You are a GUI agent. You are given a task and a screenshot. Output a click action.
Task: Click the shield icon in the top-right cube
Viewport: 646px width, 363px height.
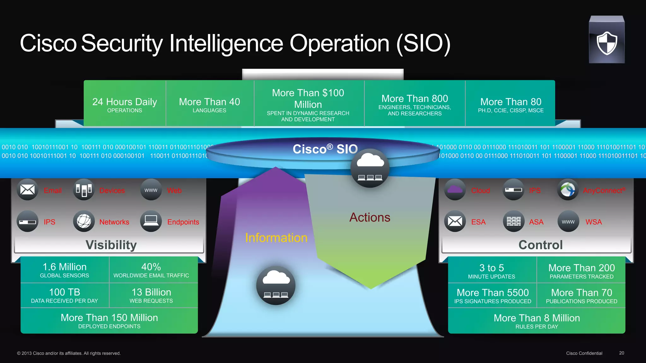click(x=607, y=43)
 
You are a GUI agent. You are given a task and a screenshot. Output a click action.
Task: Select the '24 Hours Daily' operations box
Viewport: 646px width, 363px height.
click(x=125, y=104)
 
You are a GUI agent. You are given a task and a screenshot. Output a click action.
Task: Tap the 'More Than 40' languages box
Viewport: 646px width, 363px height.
click(x=209, y=104)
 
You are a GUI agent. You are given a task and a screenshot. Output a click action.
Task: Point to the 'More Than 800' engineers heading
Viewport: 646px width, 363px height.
click(x=414, y=99)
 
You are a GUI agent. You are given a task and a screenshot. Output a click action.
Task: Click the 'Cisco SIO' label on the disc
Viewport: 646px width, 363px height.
click(x=325, y=149)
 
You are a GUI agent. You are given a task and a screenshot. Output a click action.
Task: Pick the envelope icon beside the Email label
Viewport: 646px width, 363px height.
click(x=27, y=190)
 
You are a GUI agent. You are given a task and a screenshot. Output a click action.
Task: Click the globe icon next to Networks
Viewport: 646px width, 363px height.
click(x=84, y=221)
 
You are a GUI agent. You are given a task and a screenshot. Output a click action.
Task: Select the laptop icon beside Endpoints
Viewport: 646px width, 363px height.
click(x=151, y=221)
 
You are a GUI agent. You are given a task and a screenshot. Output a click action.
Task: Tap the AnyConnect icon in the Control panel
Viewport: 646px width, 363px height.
click(x=568, y=190)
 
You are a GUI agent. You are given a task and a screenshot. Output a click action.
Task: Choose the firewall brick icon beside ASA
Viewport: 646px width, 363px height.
click(x=514, y=221)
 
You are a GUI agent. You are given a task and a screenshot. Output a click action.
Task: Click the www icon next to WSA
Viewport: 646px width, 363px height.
click(x=568, y=222)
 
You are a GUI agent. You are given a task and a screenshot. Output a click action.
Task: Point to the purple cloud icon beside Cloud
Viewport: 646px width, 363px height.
click(x=455, y=190)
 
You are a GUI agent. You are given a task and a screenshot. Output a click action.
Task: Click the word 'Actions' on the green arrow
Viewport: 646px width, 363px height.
click(x=370, y=217)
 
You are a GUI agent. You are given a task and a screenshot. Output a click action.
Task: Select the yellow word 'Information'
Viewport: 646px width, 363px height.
click(x=276, y=238)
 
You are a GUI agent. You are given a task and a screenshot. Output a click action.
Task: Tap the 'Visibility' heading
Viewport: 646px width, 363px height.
click(x=111, y=245)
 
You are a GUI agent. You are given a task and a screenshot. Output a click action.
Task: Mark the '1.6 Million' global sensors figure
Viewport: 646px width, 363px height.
click(x=65, y=267)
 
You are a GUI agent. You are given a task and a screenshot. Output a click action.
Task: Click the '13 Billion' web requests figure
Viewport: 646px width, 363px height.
click(x=151, y=292)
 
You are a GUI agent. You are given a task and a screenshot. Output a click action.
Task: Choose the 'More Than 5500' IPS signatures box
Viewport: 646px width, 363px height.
click(x=492, y=296)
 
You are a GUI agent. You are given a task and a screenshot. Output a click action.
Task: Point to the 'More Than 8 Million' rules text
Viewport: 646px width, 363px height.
click(x=537, y=318)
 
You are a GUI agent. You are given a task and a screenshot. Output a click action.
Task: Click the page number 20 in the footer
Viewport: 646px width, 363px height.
click(x=621, y=353)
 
